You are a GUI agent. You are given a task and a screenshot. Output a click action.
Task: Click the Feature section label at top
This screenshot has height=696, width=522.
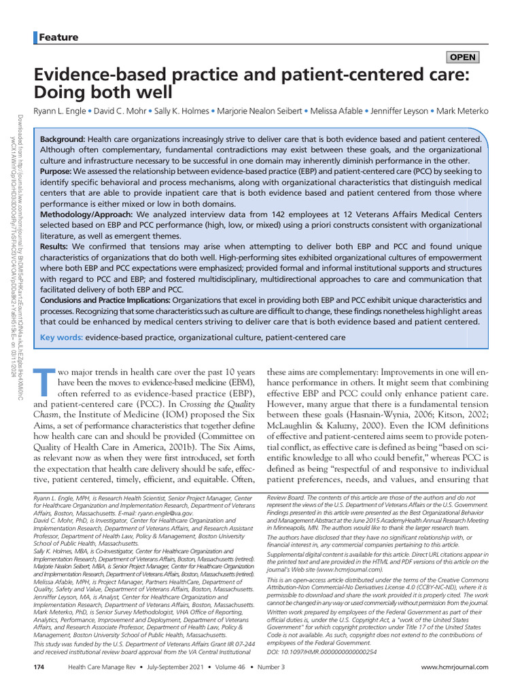coord(58,37)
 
